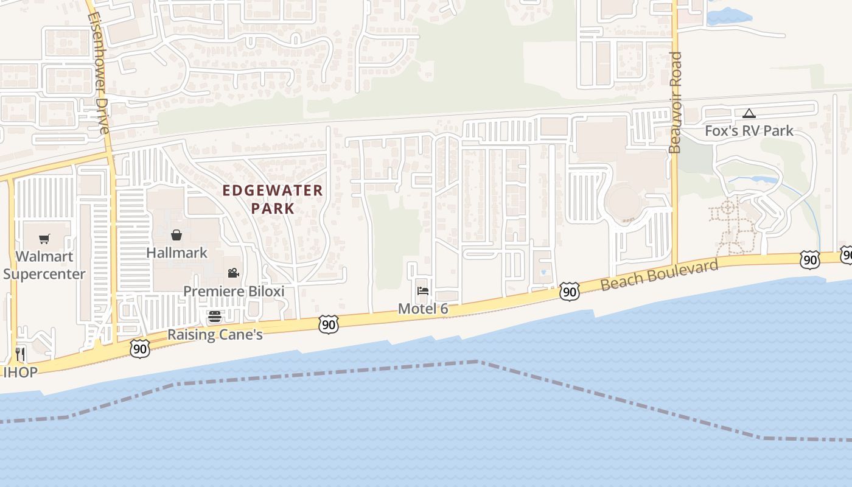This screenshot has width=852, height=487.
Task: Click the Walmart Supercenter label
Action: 44,265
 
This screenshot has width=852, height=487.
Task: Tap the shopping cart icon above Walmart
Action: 44,239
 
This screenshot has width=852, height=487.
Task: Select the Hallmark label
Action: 176,253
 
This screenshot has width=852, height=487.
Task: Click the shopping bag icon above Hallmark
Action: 176,235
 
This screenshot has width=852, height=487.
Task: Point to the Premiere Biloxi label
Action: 234,291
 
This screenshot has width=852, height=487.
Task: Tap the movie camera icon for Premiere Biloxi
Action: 232,273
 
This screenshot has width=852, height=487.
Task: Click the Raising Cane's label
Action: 215,334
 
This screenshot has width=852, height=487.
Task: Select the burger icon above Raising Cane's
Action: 214,317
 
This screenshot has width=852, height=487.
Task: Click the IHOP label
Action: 21,372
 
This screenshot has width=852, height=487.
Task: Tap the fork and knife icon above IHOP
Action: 20,354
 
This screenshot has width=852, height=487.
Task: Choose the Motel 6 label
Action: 423,309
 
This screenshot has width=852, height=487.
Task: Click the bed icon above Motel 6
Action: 423,291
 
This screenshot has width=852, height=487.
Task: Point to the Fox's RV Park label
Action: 749,130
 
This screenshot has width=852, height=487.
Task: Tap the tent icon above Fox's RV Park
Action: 749,113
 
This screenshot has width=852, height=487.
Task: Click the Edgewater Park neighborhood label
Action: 273,199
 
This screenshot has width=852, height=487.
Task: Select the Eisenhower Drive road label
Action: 99,73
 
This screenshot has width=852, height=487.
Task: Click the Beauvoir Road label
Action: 676,102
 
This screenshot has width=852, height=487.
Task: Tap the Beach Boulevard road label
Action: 659,275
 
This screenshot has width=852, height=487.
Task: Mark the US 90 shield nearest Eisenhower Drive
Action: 140,348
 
